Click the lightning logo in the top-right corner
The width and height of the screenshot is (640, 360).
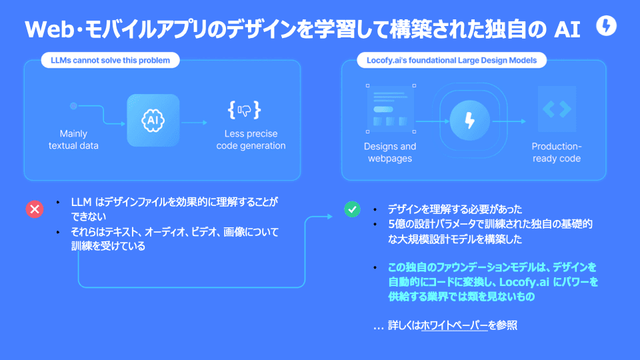point(607,27)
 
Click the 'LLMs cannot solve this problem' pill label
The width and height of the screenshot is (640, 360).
point(110,61)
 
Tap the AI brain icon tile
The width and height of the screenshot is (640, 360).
point(153,120)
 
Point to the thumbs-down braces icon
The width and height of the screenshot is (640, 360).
point(244,110)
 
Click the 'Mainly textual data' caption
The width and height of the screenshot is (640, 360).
point(73,139)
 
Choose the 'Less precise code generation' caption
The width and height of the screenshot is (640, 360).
point(251,139)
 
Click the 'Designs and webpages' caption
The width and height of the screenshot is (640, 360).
point(390,152)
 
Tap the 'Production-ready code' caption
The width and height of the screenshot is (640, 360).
point(557,152)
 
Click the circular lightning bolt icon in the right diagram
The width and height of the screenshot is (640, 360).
point(470,121)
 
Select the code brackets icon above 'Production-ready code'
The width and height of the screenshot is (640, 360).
point(557,109)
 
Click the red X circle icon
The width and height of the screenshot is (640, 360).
point(35,209)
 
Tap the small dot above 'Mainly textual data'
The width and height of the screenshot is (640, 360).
point(73,106)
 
